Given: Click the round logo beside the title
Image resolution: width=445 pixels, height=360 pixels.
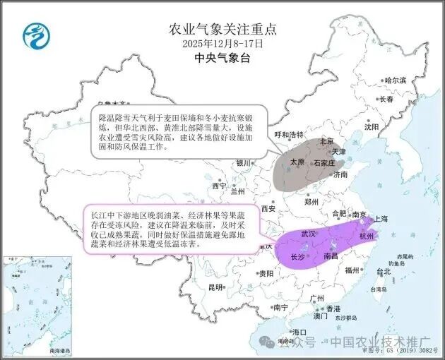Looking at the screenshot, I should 33,33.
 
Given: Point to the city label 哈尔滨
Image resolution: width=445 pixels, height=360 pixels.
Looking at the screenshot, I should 396,81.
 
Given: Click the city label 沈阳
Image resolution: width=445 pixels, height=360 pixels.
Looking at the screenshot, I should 372,127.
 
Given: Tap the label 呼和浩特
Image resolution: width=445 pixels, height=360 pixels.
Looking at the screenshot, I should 288,135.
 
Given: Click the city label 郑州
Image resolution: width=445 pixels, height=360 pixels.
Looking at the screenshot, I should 312,201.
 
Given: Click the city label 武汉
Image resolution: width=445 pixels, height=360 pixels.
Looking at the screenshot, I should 309,233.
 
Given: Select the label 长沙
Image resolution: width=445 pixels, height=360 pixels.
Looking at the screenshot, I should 299,258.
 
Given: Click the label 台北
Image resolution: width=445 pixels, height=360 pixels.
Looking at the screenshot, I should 382,271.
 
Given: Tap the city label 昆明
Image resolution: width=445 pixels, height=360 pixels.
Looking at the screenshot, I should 215,287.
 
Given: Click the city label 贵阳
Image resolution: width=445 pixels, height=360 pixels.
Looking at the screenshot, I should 266,273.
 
